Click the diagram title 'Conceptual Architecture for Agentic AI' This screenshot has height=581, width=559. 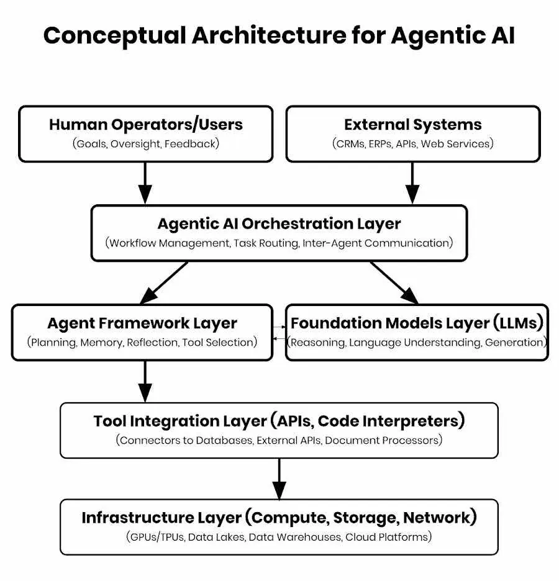tap(279, 36)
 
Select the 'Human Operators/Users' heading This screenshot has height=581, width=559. tap(146, 124)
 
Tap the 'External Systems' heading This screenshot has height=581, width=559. tap(412, 124)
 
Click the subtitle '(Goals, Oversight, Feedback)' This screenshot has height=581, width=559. tap(146, 144)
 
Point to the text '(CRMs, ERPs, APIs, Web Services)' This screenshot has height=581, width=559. tap(412, 144)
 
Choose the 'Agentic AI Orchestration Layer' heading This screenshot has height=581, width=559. tap(279, 223)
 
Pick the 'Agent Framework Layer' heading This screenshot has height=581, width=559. tap(142, 323)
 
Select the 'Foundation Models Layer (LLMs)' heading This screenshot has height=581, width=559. tap(417, 323)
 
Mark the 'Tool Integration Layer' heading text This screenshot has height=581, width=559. tap(180, 421)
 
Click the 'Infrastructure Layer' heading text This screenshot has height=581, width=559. tap(161, 517)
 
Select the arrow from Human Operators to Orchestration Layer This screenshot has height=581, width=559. tap(145, 183)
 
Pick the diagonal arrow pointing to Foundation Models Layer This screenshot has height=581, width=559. tap(394, 282)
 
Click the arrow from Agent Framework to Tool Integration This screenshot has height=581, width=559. tap(145, 381)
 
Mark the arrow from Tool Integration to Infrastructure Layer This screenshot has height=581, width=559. tap(279, 479)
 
